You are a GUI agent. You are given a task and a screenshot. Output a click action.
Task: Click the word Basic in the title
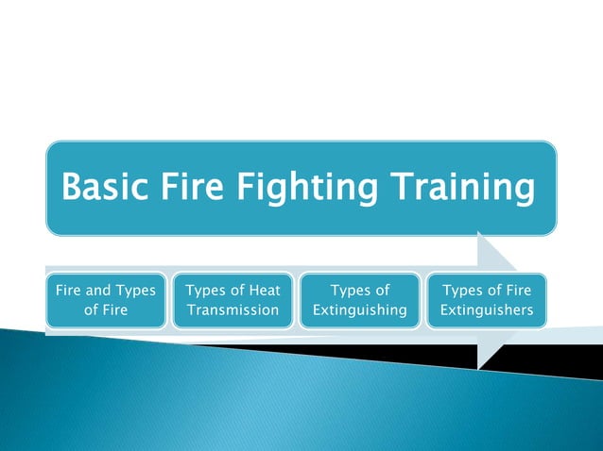click(103, 187)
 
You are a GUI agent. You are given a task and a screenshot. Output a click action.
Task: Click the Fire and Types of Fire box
click(106, 300)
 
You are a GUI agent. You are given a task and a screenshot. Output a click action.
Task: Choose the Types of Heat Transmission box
click(233, 300)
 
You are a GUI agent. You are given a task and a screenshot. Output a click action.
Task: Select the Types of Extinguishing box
click(360, 300)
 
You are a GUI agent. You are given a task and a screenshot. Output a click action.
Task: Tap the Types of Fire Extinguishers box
click(486, 300)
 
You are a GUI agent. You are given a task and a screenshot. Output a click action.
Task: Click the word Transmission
click(233, 310)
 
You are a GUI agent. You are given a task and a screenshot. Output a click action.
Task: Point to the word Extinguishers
click(486, 310)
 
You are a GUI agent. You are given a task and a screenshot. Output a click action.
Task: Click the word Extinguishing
click(360, 310)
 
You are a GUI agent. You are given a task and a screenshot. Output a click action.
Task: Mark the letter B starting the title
click(72, 187)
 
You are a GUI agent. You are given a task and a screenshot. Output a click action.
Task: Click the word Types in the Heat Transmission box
click(207, 291)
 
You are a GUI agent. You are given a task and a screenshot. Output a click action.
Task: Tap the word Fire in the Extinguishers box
click(514, 291)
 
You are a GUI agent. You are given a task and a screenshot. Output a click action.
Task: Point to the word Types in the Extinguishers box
click(464, 291)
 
